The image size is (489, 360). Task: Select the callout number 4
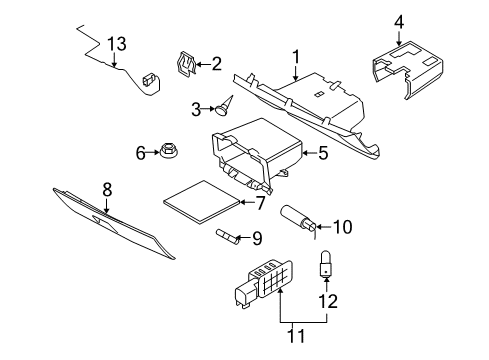pos(399,20)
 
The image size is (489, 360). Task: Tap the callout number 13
pos(117,43)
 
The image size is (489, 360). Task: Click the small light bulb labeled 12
pos(325,262)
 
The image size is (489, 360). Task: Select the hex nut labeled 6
pos(168,153)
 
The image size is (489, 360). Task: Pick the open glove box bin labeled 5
pos(255,155)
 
